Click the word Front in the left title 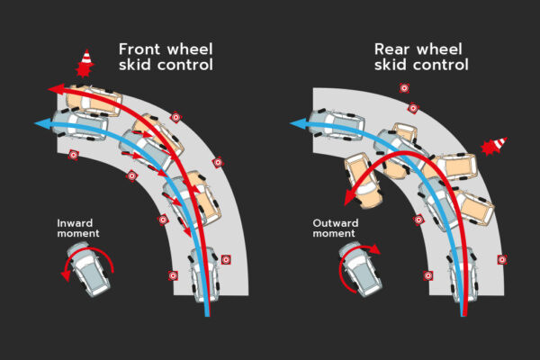point(139,49)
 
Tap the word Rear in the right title point(391,49)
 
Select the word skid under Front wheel point(135,65)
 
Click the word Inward point(75,223)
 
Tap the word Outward point(336,223)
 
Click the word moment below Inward point(78,234)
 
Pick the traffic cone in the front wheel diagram point(86,57)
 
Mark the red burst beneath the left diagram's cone point(84,69)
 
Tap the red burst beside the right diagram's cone point(489,148)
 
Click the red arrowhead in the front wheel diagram point(56,89)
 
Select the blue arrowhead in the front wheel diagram point(42,123)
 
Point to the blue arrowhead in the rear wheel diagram point(298,123)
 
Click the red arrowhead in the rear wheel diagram point(349,198)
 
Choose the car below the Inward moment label point(88,269)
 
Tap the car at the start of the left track point(204,274)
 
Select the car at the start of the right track point(463,274)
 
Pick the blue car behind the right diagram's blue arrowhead point(337,124)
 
